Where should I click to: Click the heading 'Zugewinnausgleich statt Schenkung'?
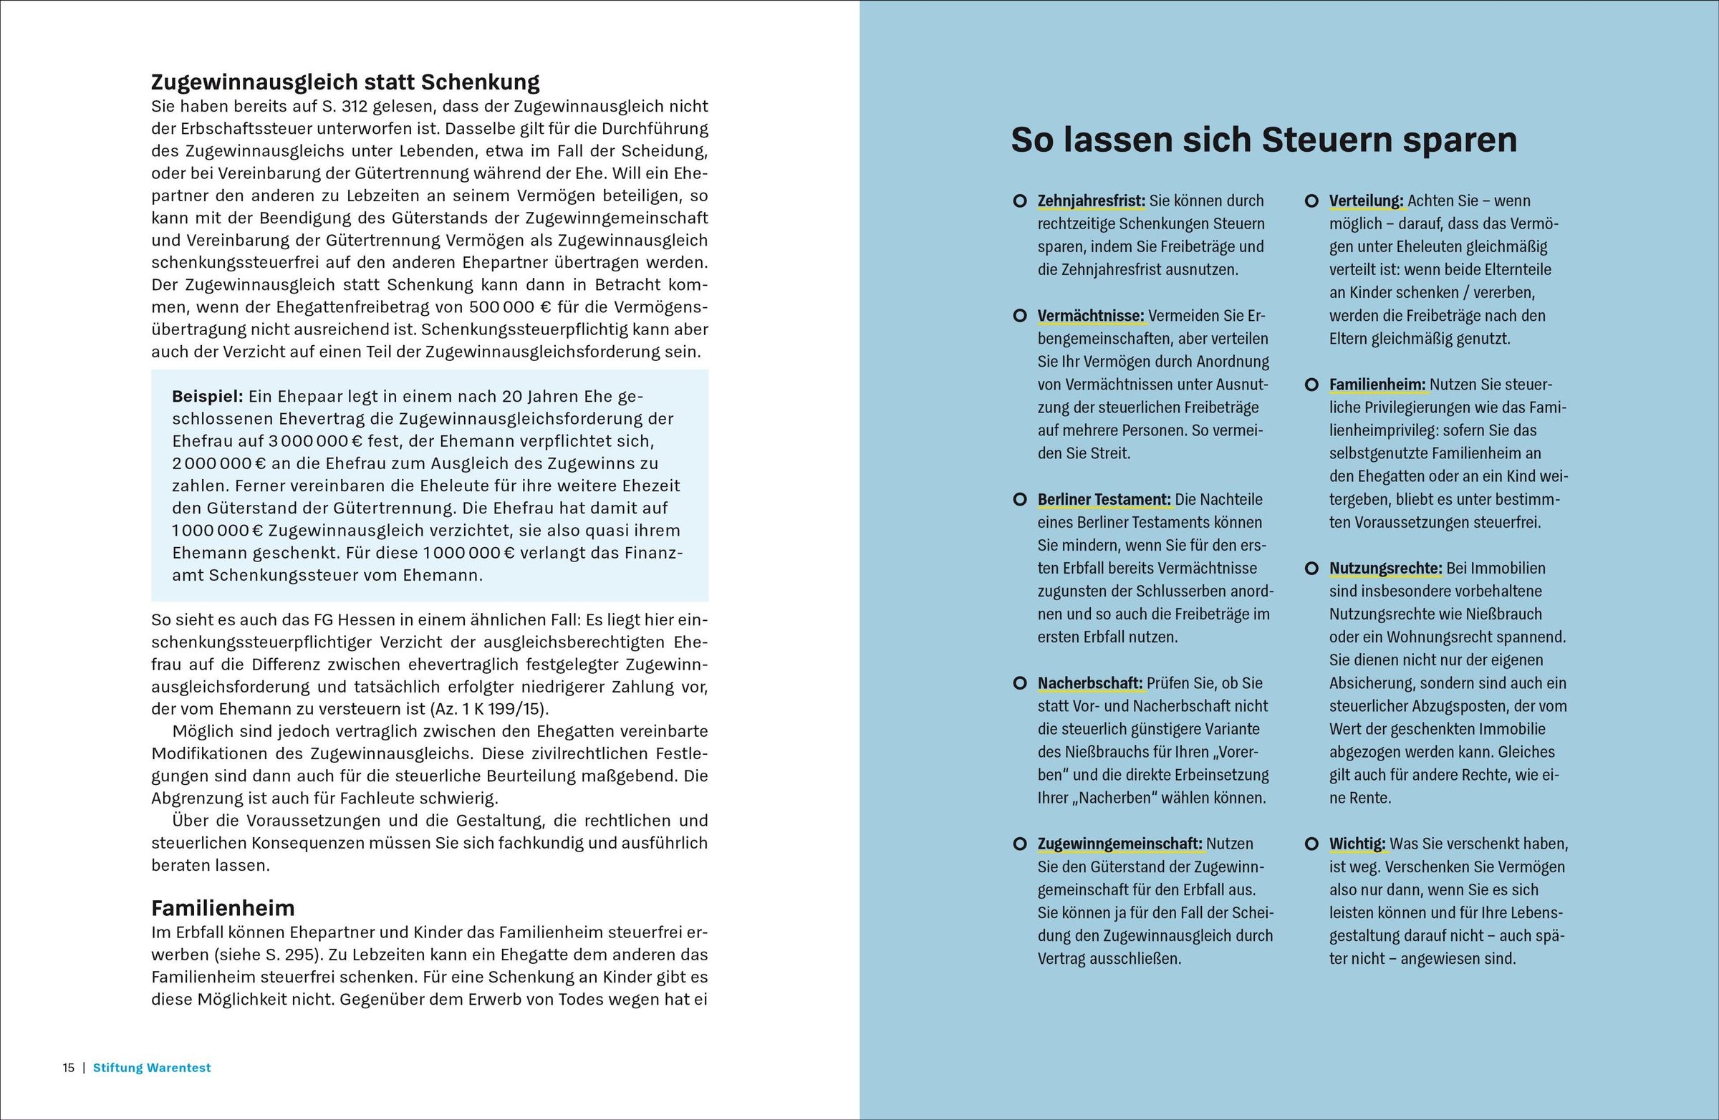coord(345,82)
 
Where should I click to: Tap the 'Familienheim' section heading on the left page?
coord(223,908)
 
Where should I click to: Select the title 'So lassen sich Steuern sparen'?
coord(1263,140)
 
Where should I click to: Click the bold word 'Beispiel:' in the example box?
coord(207,397)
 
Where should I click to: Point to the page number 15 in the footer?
coord(69,1068)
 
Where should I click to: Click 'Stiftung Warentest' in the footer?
coord(153,1068)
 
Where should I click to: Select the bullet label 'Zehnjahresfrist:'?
coord(1092,201)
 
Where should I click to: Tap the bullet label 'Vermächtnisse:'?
coord(1091,316)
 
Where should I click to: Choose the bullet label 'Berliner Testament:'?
coord(1104,500)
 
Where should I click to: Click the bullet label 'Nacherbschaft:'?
coord(1090,683)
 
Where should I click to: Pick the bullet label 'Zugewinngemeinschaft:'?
coord(1119,844)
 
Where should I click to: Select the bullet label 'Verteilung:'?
coord(1367,201)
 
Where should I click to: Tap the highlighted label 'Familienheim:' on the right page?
coord(1377,385)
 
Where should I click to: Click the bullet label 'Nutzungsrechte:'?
coord(1385,569)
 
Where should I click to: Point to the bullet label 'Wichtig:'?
coord(1357,844)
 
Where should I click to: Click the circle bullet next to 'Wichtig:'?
coord(1311,844)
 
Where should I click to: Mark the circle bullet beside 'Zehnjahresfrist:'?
coord(1020,201)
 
